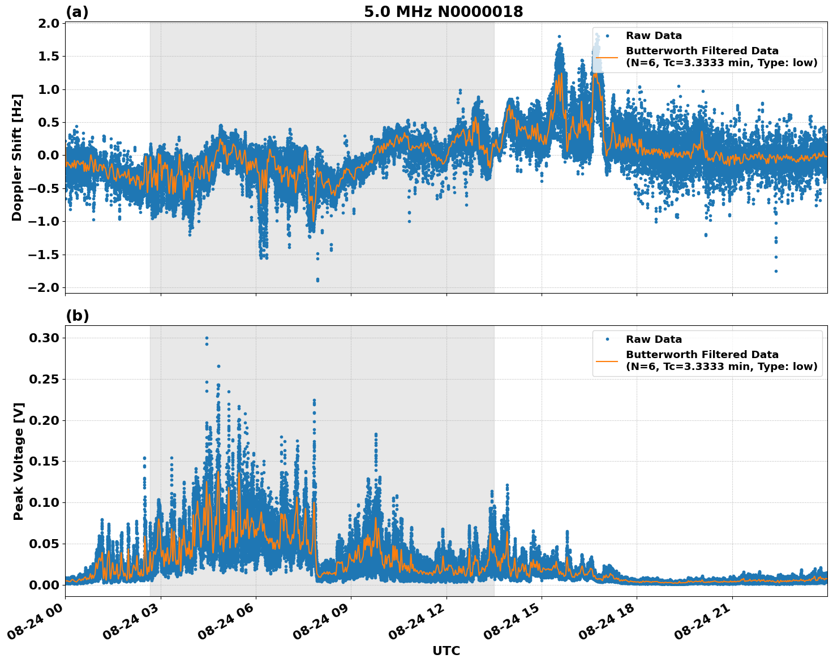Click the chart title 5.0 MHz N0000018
tap(443, 12)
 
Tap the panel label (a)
tap(77, 12)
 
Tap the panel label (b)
tap(77, 316)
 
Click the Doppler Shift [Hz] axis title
tap(17, 157)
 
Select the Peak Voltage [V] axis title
tap(19, 461)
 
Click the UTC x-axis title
tap(446, 651)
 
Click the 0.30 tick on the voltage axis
tap(45, 338)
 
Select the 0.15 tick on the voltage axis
tap(45, 461)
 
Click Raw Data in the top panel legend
tap(654, 36)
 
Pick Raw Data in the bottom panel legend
tap(654, 339)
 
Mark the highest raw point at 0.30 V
tap(207, 338)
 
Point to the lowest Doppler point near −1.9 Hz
tap(317, 279)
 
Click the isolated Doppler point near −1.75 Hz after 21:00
tap(776, 271)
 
